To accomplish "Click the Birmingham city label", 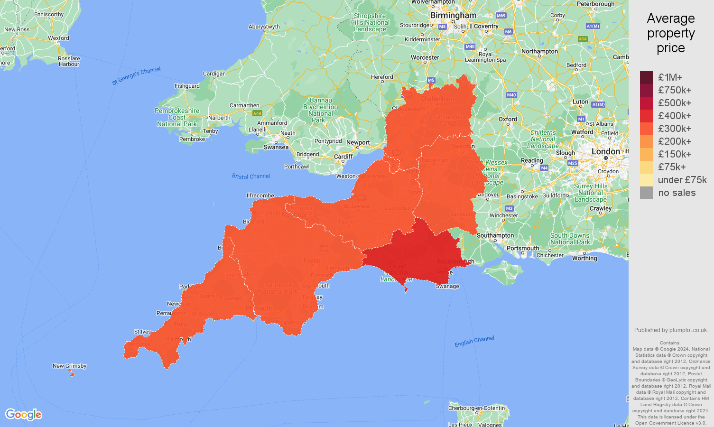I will pos(453,15).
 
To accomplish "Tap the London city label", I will pos(605,151).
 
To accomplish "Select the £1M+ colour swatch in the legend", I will pos(646,77).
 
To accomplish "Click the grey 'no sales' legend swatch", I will pos(646,193).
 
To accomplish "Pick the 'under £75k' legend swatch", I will pos(646,180).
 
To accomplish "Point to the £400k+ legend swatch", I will pos(646,116).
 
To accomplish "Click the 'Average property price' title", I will pos(670,33).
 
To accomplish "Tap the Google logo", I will pos(24,414).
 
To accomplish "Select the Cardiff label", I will pos(343,157).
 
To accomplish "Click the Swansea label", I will pos(276,147).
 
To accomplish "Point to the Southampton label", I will pos(495,235).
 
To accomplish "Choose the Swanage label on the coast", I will pos(447,286).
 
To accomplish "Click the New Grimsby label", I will pos(70,366).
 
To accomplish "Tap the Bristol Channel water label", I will pos(251,176).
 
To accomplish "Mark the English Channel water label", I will pos(474,342).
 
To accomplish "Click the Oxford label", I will pos(508,119).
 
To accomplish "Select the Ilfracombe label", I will pos(260,195).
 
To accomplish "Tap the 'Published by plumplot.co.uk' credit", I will pos(671,330).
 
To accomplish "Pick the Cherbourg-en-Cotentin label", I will pos(477,408).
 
